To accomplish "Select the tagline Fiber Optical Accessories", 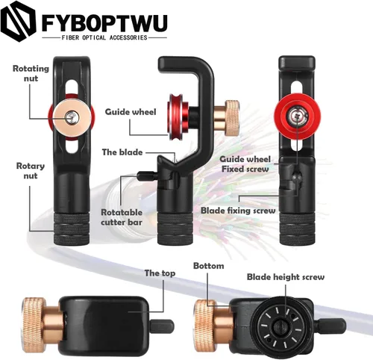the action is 104,37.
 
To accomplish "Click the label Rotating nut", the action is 31,73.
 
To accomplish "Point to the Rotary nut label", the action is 31,170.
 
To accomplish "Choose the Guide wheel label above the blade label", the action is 131,112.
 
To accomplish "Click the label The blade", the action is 122,152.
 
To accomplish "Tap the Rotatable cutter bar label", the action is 122,217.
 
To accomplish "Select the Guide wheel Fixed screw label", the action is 245,164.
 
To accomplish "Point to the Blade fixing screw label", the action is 238,211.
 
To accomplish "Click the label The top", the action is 160,273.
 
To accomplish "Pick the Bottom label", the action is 209,266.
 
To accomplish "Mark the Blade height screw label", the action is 286,277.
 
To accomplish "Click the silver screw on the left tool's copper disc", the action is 72,116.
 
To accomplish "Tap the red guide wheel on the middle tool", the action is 176,117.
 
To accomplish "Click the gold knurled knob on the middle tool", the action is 232,118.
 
